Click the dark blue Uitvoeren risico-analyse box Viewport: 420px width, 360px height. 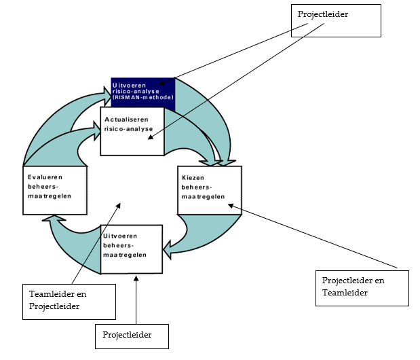pyautogui.click(x=143, y=90)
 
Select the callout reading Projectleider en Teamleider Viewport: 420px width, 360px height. pyautogui.click(x=362, y=287)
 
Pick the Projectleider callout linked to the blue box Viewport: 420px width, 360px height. pyautogui.click(x=335, y=22)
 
